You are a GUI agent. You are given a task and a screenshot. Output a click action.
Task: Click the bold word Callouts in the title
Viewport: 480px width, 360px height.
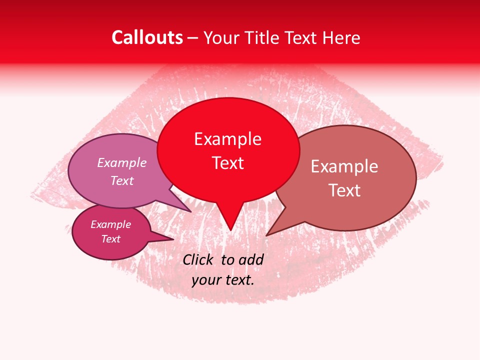tap(147, 37)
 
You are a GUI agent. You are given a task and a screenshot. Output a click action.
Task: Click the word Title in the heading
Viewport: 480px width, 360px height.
tap(265, 37)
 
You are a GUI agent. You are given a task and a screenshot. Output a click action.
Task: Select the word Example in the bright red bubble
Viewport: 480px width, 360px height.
tap(227, 139)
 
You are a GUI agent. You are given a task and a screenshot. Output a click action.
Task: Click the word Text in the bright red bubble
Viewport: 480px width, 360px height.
tap(227, 162)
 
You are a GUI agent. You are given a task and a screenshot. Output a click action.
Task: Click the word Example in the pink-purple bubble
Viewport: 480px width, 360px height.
tap(122, 162)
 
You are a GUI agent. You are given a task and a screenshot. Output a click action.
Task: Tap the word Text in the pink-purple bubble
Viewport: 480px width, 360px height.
tap(122, 180)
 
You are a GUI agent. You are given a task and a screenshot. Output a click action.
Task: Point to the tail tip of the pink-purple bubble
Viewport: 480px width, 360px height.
tap(190, 211)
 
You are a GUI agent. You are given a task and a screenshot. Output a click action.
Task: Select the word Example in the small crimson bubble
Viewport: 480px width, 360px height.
tap(110, 224)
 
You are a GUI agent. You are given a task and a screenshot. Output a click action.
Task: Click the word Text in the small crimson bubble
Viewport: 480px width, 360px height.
tap(110, 239)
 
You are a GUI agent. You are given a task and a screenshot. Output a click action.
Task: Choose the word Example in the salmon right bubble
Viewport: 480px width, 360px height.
tap(344, 166)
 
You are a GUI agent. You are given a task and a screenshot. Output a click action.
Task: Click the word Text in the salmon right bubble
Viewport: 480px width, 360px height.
tap(344, 190)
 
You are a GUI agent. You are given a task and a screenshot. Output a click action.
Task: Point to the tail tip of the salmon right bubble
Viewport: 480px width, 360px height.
tap(266, 235)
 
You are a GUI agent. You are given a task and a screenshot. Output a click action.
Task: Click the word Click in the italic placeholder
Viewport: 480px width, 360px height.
tap(198, 259)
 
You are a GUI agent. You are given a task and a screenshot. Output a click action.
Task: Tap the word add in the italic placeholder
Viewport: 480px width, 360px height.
tap(251, 259)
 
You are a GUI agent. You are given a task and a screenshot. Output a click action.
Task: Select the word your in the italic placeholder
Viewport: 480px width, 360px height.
tap(206, 280)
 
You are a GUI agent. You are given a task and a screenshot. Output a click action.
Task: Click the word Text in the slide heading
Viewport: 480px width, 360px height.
tap(302, 37)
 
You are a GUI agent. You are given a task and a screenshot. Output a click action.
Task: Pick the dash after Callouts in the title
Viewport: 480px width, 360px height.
tap(193, 38)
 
